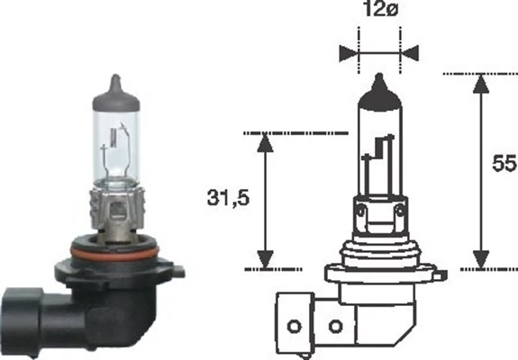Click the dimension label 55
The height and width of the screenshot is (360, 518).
click(503, 165)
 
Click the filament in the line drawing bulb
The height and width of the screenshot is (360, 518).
click(379, 153)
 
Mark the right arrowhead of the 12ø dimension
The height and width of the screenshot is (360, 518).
click(410, 52)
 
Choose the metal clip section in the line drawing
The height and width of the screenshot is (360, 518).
click(379, 211)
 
